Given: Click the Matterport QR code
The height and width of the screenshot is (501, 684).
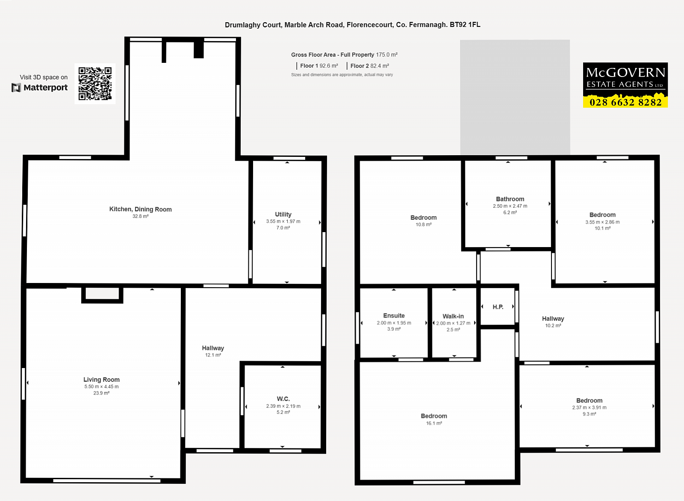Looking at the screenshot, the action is [95, 84].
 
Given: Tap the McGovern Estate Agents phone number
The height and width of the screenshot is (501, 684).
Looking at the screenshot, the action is [625, 102].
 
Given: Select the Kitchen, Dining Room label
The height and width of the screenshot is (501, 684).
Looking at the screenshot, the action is [141, 209].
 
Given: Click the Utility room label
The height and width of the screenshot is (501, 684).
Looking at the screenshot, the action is [283, 214].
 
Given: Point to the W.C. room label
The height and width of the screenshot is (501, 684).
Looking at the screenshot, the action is [283, 399].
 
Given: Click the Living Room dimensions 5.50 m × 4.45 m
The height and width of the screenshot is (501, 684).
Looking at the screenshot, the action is [101, 386].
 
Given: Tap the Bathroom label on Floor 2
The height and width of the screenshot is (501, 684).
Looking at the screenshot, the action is [510, 199].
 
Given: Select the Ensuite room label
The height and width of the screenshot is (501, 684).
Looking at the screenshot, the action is [394, 315].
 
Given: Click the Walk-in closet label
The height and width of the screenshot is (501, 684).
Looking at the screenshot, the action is [453, 316].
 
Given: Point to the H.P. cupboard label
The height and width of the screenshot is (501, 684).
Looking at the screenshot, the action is [498, 307].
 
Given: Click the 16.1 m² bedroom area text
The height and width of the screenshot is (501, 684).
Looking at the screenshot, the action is [434, 423].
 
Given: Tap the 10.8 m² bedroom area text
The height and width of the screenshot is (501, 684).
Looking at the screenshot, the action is [424, 224].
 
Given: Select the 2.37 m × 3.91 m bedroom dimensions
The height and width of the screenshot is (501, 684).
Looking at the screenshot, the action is [590, 407].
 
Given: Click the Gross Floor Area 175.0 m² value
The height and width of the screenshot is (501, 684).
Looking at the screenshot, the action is [386, 55].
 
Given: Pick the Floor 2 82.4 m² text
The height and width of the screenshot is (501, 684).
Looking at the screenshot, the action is [369, 66].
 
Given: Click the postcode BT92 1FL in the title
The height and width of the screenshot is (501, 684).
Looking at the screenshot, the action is [465, 25].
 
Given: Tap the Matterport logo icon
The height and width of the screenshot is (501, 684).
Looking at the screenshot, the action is [16, 88].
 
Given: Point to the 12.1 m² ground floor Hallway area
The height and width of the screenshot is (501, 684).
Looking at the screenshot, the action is [213, 355].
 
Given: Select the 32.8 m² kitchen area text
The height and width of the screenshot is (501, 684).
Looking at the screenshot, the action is [141, 216].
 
